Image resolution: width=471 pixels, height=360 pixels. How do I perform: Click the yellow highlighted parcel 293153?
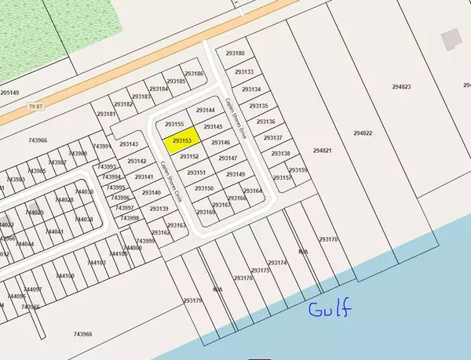[182, 140]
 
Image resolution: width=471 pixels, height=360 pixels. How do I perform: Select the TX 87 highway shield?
[31, 105]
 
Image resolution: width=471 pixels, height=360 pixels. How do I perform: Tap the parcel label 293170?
[328, 238]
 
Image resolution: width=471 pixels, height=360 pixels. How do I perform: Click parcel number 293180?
[235, 53]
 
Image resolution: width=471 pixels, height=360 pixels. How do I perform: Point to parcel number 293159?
[298, 169]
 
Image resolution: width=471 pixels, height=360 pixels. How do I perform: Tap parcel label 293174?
[277, 262]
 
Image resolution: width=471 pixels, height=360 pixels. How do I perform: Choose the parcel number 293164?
[252, 191]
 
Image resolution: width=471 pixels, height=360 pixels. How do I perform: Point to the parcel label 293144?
[205, 111]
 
